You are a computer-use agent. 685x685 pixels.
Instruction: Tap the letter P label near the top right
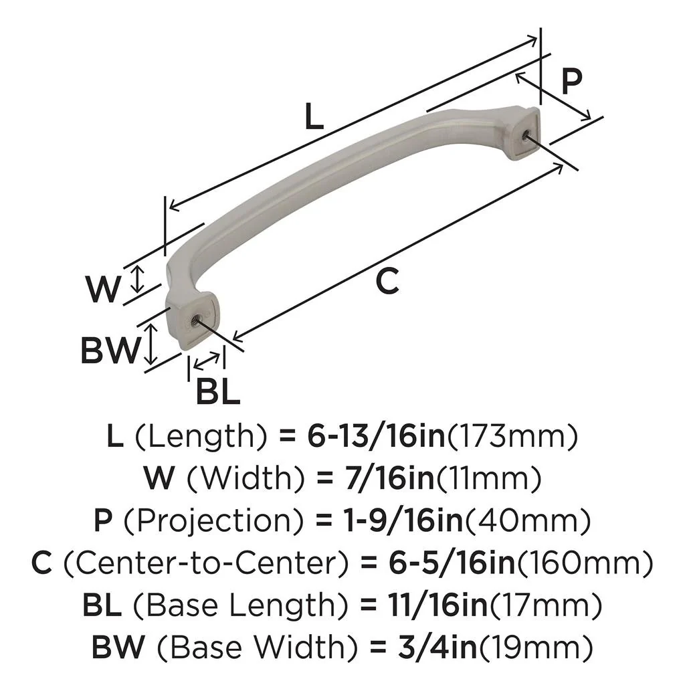coord(571,82)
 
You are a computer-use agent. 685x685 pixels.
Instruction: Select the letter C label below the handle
coord(387,281)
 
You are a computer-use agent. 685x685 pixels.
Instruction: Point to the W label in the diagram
coord(104,289)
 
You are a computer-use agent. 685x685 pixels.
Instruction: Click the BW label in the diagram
coord(110,350)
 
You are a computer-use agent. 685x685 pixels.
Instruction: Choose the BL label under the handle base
coord(217,391)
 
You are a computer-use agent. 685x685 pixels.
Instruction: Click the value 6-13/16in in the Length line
coord(375,437)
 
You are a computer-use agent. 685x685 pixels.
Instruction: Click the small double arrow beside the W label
coord(136,278)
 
